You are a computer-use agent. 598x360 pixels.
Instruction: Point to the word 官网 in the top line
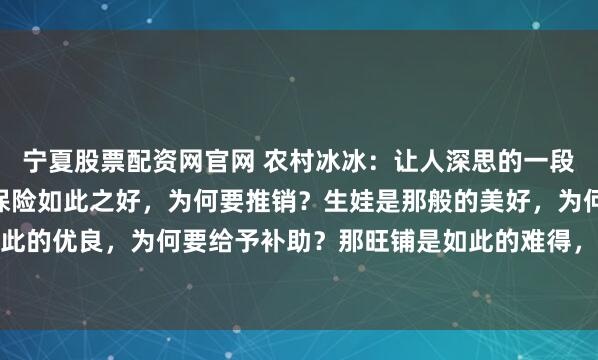[179, 158]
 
